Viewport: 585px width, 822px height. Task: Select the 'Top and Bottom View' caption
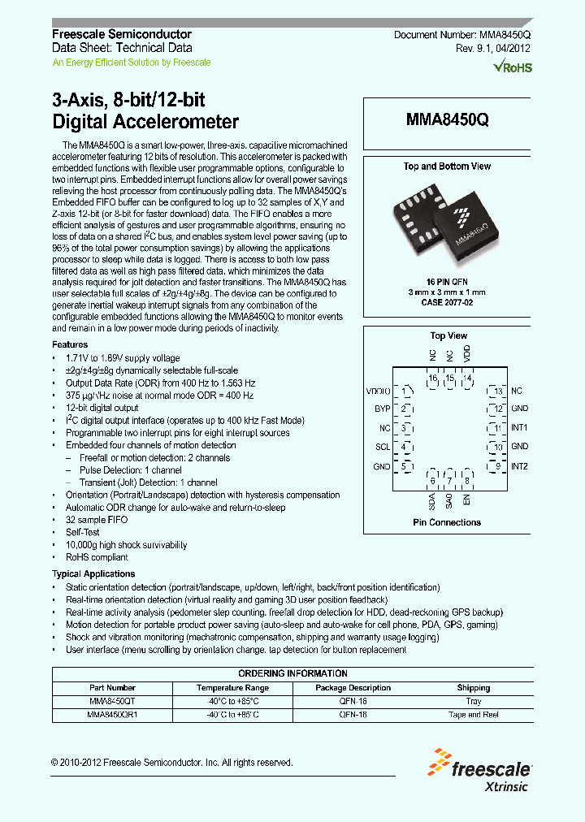pyautogui.click(x=447, y=167)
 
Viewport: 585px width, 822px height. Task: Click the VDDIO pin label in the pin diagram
pyautogui.click(x=379, y=391)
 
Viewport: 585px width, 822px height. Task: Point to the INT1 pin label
pyautogui.click(x=520, y=427)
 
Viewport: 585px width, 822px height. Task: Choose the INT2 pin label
pyautogui.click(x=520, y=466)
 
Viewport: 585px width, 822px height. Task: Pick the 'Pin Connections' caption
pyautogui.click(x=447, y=522)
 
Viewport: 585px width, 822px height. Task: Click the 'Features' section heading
pyautogui.click(x=70, y=345)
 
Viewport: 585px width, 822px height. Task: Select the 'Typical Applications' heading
pyautogui.click(x=93, y=573)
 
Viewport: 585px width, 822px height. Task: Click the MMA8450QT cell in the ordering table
pyautogui.click(x=113, y=701)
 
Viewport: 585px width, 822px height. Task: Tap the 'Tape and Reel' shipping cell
pyautogui.click(x=474, y=715)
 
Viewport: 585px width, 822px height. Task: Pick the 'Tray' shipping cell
pyautogui.click(x=474, y=701)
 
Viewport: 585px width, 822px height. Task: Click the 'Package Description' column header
pyautogui.click(x=353, y=687)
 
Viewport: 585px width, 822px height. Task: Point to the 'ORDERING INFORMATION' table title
pyautogui.click(x=292, y=673)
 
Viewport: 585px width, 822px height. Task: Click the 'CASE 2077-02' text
pyautogui.click(x=447, y=301)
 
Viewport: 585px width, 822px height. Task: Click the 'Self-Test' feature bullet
pyautogui.click(x=84, y=532)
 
